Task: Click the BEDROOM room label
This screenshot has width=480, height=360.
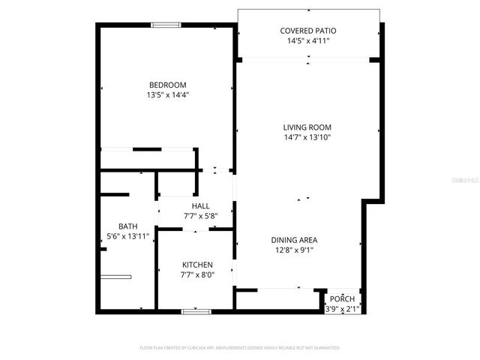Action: (x=167, y=85)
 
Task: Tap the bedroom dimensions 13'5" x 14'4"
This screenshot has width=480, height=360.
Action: (x=167, y=95)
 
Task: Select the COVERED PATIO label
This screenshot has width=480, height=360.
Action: (x=308, y=31)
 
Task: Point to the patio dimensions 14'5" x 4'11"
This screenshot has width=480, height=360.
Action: (x=308, y=41)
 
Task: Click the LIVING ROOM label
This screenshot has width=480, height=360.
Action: (x=307, y=127)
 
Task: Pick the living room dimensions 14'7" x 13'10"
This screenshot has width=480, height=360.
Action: (x=307, y=138)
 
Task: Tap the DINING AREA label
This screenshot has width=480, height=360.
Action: (x=294, y=240)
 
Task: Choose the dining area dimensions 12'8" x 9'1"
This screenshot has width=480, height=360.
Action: (x=294, y=250)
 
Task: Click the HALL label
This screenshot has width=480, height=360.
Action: (x=200, y=205)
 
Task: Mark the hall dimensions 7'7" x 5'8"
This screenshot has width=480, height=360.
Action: (x=200, y=216)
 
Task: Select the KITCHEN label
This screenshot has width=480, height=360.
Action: (x=198, y=265)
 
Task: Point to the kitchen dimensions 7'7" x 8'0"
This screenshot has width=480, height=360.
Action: (x=198, y=275)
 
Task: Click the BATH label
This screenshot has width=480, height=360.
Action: (x=128, y=226)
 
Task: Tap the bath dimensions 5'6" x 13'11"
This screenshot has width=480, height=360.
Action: (x=128, y=236)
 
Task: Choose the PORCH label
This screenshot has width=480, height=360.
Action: (x=343, y=298)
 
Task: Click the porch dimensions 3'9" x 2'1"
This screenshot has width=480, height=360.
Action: (x=343, y=308)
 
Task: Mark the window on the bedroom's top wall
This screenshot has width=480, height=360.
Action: (x=166, y=25)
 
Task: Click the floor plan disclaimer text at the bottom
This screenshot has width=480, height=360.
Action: (x=240, y=348)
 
